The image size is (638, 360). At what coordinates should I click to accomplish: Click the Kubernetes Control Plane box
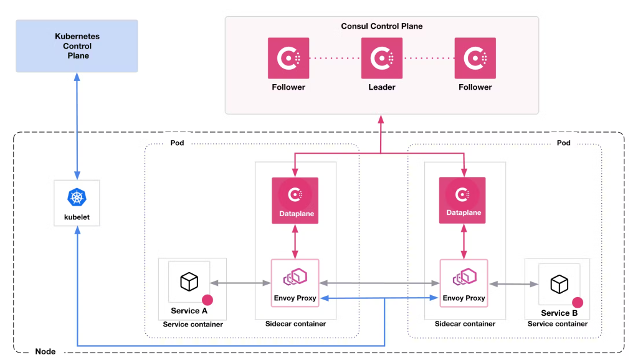[77, 46]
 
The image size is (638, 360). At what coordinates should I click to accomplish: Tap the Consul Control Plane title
[381, 26]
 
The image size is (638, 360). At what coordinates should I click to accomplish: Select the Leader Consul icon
[382, 59]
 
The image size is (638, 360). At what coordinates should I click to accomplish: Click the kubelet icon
[77, 198]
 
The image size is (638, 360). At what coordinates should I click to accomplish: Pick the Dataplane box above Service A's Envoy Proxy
[295, 201]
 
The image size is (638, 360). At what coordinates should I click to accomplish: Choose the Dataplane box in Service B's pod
[464, 200]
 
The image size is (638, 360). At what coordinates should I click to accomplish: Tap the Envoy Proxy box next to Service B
[464, 283]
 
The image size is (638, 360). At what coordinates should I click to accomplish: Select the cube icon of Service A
[189, 282]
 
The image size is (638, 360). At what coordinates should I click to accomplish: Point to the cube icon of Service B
[559, 284]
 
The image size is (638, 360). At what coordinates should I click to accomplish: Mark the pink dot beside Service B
[578, 303]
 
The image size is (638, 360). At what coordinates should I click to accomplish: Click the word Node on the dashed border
[45, 352]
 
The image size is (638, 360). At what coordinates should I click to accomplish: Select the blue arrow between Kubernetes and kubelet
[77, 125]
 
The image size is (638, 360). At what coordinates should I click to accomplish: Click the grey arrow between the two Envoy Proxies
[379, 283]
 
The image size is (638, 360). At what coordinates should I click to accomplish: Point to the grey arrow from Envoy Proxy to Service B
[513, 284]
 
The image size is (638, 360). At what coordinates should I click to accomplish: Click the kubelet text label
[77, 218]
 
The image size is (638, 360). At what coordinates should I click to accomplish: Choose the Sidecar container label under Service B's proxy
[465, 324]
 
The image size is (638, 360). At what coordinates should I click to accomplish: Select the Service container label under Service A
[193, 324]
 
